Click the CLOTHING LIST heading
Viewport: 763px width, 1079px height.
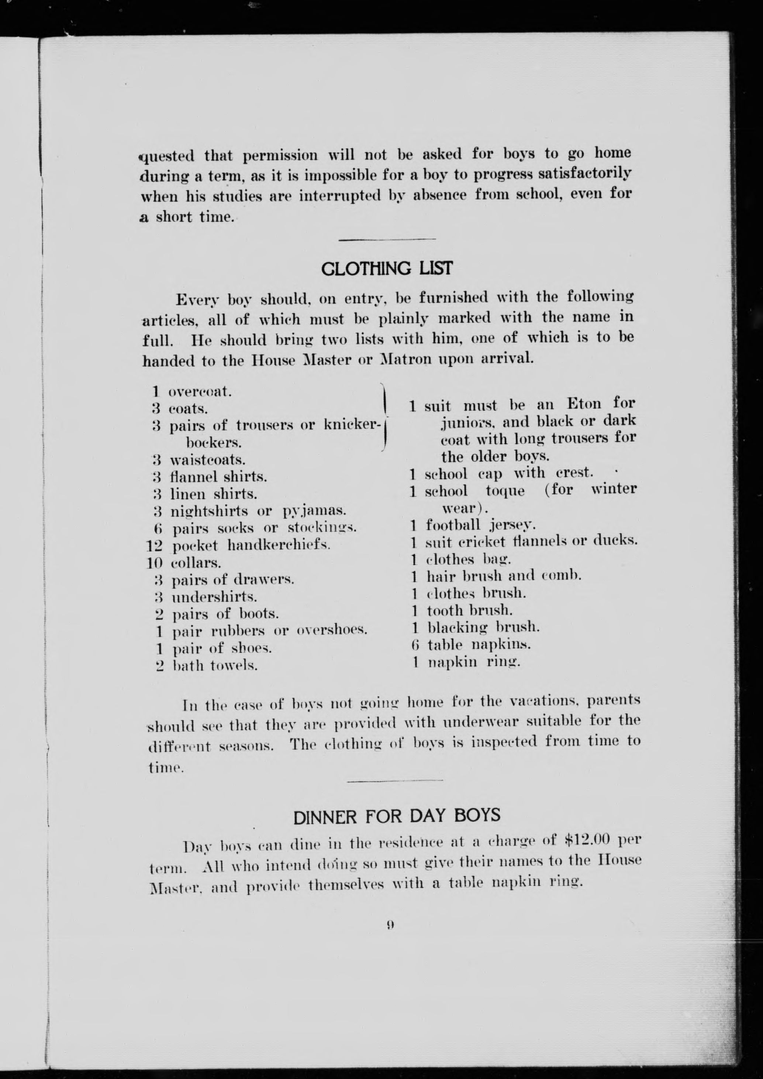[387, 268]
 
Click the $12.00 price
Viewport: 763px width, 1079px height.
[588, 839]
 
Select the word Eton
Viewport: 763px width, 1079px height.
[584, 404]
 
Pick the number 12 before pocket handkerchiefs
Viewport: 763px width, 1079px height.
[154, 546]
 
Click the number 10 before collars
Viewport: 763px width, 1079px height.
[154, 563]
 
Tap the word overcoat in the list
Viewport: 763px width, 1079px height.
[199, 391]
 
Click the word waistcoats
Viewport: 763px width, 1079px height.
[208, 459]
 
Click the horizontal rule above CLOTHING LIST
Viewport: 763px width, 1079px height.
[387, 240]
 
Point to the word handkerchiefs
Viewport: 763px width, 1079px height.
[279, 545]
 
